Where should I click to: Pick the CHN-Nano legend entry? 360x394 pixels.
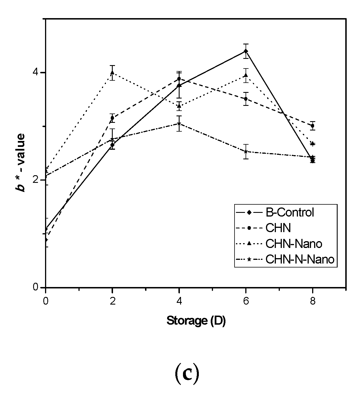coord(293,243)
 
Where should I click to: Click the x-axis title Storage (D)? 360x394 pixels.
coord(196,321)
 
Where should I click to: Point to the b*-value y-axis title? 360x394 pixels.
coord(20,163)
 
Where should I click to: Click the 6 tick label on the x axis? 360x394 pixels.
coord(246,301)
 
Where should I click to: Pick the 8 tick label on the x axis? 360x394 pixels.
coord(313,301)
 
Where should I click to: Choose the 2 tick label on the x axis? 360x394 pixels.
coord(112,301)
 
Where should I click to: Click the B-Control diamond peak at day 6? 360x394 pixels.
coord(246,51)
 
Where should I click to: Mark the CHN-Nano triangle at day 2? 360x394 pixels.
coord(112,72)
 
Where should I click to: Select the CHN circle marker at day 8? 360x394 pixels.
coord(313,126)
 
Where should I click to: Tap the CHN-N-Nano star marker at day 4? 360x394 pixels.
coord(179,124)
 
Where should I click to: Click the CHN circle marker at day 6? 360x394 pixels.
coord(246,99)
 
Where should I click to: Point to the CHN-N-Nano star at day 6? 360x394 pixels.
coord(246,152)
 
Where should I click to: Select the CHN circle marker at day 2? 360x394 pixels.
coord(112,118)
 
